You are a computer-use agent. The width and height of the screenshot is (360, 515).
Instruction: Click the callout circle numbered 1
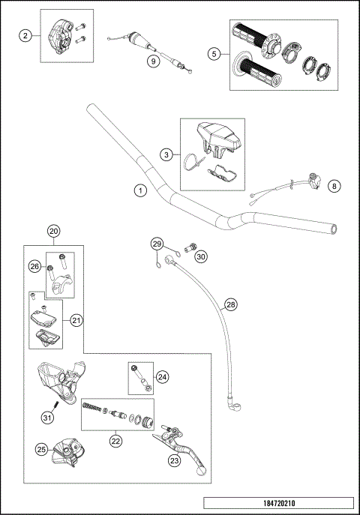139,190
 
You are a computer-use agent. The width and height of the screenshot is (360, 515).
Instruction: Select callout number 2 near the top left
26,36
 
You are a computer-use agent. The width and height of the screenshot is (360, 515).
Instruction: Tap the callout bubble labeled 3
166,154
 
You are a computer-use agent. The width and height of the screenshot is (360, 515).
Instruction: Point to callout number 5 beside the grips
214,54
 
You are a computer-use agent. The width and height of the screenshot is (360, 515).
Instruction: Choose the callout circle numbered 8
335,185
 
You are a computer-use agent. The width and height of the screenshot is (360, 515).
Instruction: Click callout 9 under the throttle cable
153,61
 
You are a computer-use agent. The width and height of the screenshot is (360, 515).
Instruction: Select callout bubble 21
76,320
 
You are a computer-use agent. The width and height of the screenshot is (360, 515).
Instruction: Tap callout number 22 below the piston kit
115,442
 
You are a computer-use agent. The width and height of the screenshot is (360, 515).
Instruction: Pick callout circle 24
162,377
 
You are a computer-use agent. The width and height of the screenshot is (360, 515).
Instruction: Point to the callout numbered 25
43,449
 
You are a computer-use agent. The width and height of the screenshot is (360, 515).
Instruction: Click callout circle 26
34,265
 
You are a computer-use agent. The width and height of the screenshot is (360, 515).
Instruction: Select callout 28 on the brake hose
231,305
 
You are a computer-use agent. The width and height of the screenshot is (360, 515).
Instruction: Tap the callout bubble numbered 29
157,244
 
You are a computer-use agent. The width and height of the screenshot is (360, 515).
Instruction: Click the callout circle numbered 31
47,417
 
